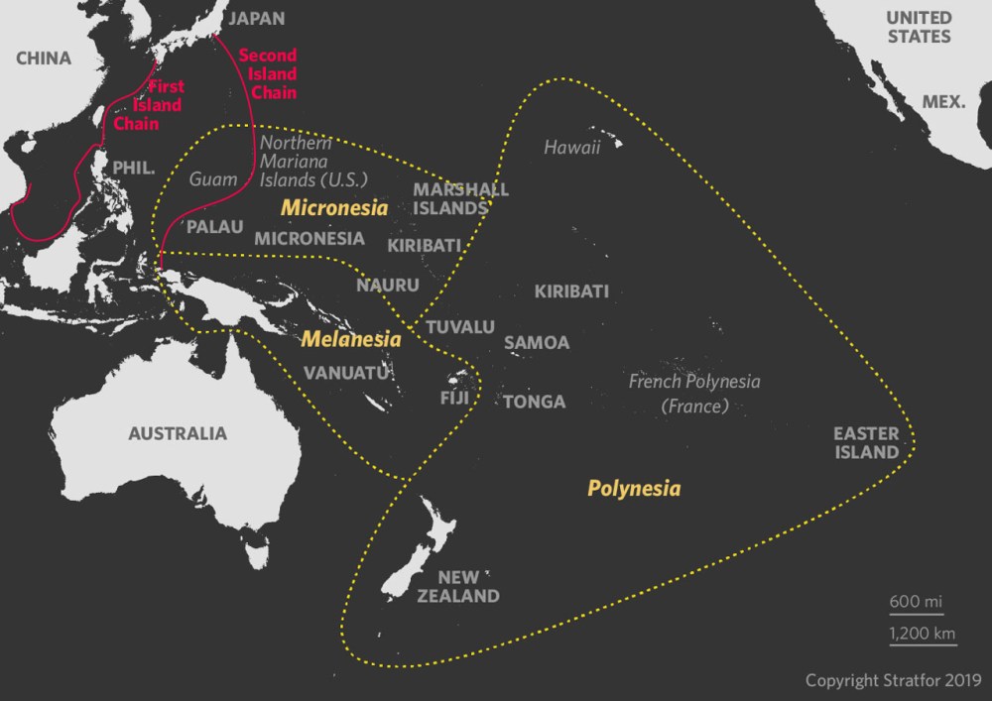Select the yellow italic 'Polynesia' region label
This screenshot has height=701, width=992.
pyautogui.click(x=634, y=488)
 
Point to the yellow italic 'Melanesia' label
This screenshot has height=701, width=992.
pyautogui.click(x=351, y=339)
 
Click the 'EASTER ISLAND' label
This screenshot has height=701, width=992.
pyautogui.click(x=866, y=442)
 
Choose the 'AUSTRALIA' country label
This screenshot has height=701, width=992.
pyautogui.click(x=178, y=433)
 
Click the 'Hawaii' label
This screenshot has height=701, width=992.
pyautogui.click(x=572, y=148)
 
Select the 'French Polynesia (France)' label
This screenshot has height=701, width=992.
pyautogui.click(x=694, y=394)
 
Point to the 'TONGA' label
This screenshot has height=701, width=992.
pyautogui.click(x=535, y=402)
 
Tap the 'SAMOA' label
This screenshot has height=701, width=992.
pyautogui.click(x=537, y=343)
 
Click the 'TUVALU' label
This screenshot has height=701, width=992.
pyautogui.click(x=459, y=326)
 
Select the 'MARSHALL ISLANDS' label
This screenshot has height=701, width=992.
pyautogui.click(x=460, y=198)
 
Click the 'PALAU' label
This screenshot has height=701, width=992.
pyautogui.click(x=215, y=227)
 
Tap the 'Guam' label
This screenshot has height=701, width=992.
pyautogui.click(x=213, y=179)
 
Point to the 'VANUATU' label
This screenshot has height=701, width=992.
pyautogui.click(x=343, y=373)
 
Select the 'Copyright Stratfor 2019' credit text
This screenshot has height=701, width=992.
pyautogui.click(x=893, y=680)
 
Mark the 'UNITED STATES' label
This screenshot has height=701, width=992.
pyautogui.click(x=919, y=27)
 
